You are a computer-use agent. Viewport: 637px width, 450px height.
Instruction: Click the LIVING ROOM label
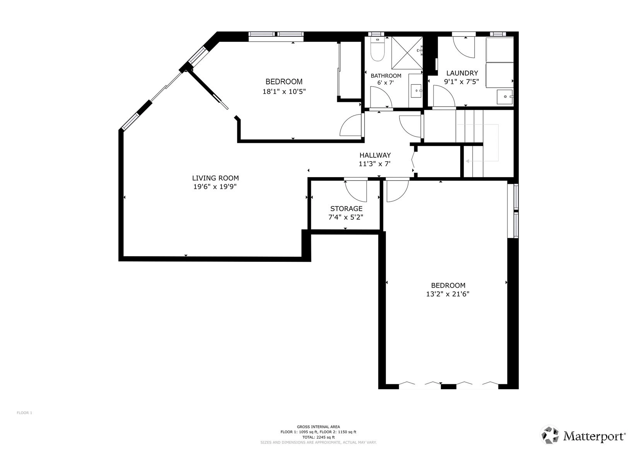pyautogui.click(x=215, y=178)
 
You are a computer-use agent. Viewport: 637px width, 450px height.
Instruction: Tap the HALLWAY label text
pyautogui.click(x=375, y=155)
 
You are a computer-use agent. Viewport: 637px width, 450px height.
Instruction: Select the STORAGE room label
pyautogui.click(x=346, y=209)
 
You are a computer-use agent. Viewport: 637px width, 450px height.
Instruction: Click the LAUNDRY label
pyautogui.click(x=462, y=73)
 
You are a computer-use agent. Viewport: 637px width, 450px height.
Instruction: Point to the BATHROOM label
pyautogui.click(x=386, y=76)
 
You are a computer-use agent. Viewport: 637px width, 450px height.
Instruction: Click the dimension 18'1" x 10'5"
pyautogui.click(x=284, y=92)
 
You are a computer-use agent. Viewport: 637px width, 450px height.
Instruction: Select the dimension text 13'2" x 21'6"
pyautogui.click(x=447, y=294)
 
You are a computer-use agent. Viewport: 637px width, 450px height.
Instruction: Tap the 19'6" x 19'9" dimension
pyautogui.click(x=215, y=187)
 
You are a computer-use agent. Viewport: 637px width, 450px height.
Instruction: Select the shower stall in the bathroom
pyautogui.click(x=407, y=53)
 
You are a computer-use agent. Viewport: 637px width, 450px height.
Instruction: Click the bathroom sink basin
pyautogui.click(x=417, y=91)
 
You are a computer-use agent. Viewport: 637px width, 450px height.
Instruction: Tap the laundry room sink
pyautogui.click(x=505, y=97)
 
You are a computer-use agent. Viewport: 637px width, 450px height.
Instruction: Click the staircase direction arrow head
pyautogui.click(x=467, y=161)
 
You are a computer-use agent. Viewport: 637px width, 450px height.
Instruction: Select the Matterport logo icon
pyautogui.click(x=550, y=435)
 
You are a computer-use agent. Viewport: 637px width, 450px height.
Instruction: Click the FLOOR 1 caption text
pyautogui.click(x=24, y=413)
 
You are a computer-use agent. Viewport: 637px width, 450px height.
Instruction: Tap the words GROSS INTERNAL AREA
pyautogui.click(x=318, y=427)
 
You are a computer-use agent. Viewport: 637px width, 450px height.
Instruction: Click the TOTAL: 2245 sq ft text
pyautogui.click(x=318, y=437)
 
